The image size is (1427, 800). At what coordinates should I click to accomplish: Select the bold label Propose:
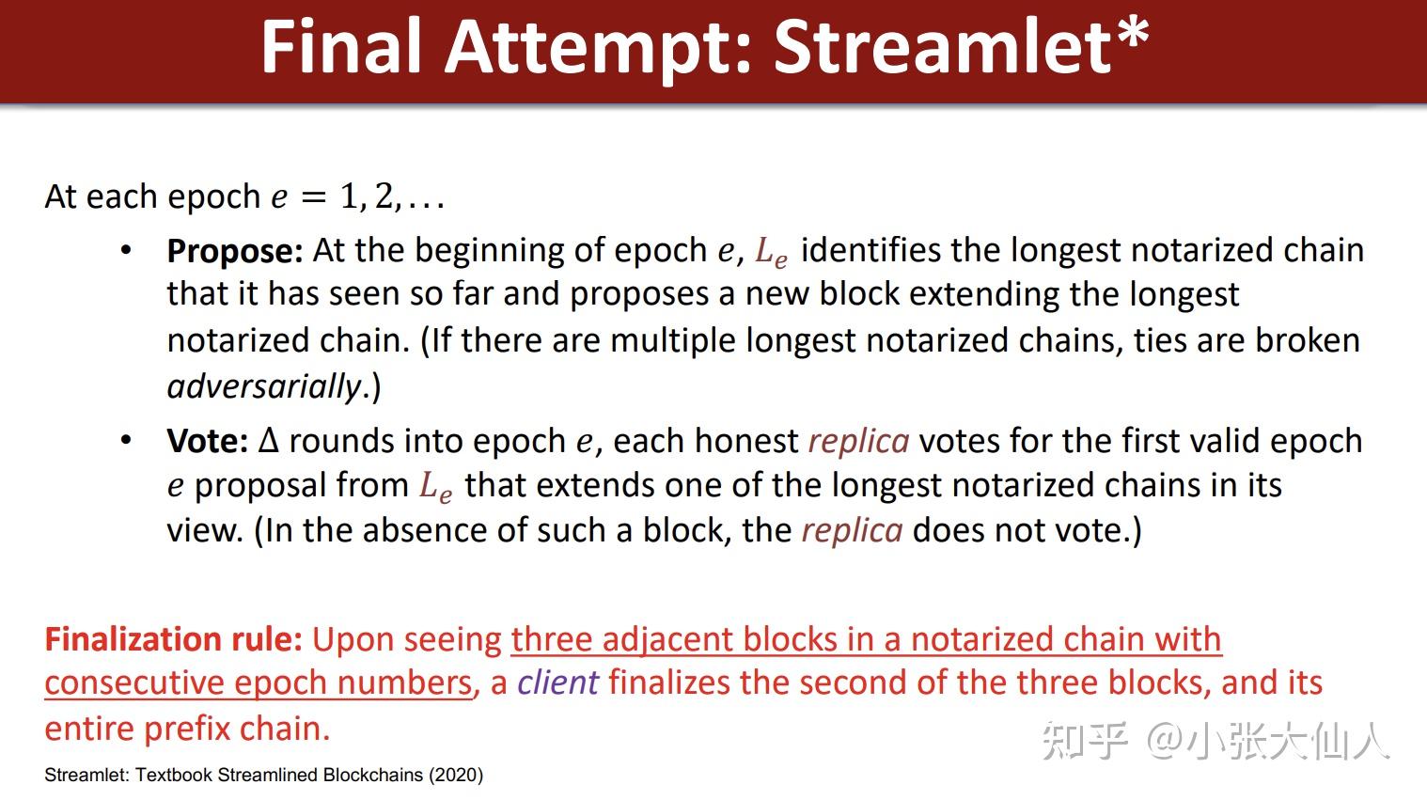pyautogui.click(x=234, y=251)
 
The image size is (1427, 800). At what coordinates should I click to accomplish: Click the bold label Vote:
pyautogui.click(x=207, y=441)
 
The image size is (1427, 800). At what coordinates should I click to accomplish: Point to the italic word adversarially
pyautogui.click(x=264, y=386)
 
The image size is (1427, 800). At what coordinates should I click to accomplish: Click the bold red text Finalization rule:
pyautogui.click(x=173, y=639)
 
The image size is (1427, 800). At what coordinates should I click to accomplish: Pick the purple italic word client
pyautogui.click(x=557, y=682)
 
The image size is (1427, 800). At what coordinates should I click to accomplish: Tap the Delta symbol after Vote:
pyautogui.click(x=269, y=441)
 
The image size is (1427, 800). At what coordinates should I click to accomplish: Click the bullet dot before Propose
pyautogui.click(x=126, y=250)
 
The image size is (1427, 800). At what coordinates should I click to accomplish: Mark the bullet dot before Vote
pyautogui.click(x=126, y=440)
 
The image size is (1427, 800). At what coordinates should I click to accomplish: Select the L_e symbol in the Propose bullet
pyautogui.click(x=771, y=252)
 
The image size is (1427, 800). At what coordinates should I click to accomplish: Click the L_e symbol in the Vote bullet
pyautogui.click(x=435, y=487)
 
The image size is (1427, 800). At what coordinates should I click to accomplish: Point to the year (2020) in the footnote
pyautogui.click(x=456, y=776)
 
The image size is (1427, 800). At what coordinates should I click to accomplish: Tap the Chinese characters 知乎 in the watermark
pyautogui.click(x=1084, y=742)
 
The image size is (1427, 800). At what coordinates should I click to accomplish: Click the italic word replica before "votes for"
pyautogui.click(x=858, y=441)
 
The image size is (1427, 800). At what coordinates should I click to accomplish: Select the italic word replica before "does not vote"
pyautogui.click(x=852, y=530)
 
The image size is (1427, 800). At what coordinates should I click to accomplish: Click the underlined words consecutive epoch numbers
pyautogui.click(x=258, y=683)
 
